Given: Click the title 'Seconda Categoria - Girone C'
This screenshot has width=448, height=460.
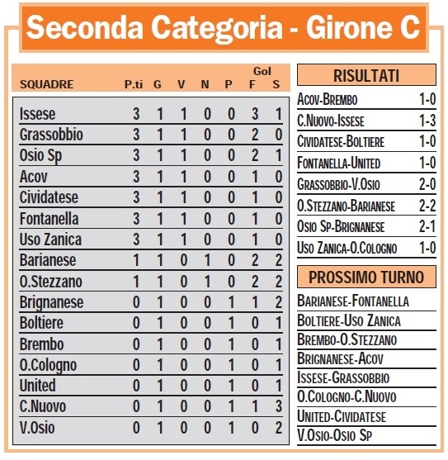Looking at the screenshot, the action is tap(224, 29).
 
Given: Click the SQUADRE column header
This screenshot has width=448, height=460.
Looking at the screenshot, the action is tap(46, 84).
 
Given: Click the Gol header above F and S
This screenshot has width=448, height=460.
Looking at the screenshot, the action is tap(265, 72).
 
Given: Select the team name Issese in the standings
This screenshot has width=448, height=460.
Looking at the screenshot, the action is tap(37, 114).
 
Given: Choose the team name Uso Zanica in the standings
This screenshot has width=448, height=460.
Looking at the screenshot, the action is tap(49, 239).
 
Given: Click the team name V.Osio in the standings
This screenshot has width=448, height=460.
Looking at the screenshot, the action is tap(37, 428).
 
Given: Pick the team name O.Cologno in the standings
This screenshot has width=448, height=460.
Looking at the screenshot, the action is tap(48, 365).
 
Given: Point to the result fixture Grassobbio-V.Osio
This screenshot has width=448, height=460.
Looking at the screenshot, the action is tap(341, 184).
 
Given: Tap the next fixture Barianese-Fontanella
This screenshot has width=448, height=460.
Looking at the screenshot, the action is tap(353, 301).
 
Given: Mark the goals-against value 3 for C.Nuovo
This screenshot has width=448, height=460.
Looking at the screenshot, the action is tap(277, 407).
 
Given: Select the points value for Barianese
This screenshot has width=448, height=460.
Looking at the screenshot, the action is tap(135, 260).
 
